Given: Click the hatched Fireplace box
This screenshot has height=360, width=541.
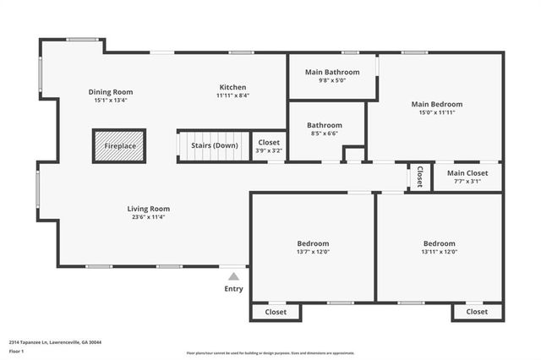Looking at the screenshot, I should (x=119, y=146).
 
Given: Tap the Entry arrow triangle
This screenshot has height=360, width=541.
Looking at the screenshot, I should (x=234, y=275).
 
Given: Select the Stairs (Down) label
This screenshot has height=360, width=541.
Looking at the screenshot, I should (x=214, y=145).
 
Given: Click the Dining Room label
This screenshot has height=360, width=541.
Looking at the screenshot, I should (x=111, y=92).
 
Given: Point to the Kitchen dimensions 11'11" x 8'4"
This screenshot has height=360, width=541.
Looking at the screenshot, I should (x=232, y=96).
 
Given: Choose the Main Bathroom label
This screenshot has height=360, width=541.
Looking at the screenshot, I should (x=332, y=73).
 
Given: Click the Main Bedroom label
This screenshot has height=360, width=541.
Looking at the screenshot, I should (x=437, y=105).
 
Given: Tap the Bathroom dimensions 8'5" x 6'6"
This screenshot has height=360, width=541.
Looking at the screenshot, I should (x=325, y=134).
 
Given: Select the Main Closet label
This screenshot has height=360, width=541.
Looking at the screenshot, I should (x=467, y=172).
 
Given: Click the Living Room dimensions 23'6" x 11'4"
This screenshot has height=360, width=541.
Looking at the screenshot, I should (x=149, y=217).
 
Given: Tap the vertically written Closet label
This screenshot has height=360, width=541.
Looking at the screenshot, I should (x=419, y=177).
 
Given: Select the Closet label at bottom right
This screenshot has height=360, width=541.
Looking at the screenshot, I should (x=477, y=312).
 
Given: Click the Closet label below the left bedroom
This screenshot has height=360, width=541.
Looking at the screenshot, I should (x=276, y=312).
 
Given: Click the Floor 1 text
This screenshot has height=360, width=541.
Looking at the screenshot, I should (x=17, y=351).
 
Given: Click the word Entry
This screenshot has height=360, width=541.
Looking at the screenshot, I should (x=233, y=289).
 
